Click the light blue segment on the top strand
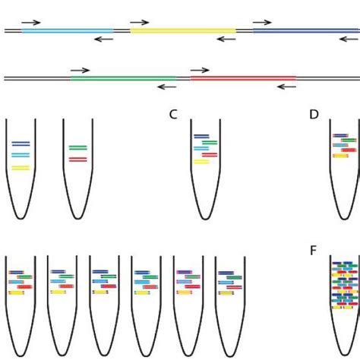click(x=68, y=31)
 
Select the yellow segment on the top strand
click(x=183, y=31)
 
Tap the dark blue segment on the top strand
click(x=304, y=31)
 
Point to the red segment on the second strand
click(x=243, y=77)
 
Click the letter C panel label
click(x=173, y=115)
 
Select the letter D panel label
click(x=314, y=115)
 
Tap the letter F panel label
click(x=313, y=251)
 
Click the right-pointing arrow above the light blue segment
click(x=31, y=23)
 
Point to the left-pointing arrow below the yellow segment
click(x=226, y=39)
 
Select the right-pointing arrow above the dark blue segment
click(x=262, y=23)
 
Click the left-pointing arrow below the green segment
click(x=166, y=87)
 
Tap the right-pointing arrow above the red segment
click(x=200, y=70)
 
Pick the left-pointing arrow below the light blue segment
click(x=103, y=39)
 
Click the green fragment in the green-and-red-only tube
click(x=77, y=147)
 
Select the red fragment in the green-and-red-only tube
click(x=77, y=159)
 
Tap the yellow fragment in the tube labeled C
click(x=201, y=161)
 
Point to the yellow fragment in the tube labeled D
click(x=339, y=155)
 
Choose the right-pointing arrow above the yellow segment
click(x=140, y=23)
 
